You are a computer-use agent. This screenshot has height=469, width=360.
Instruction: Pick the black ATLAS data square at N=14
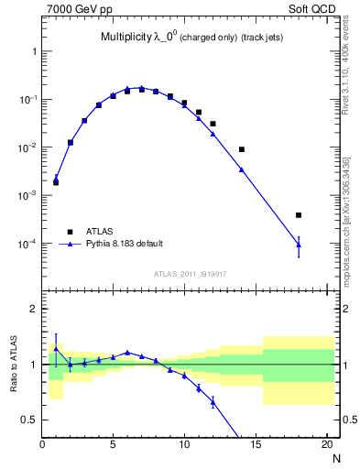(242, 149)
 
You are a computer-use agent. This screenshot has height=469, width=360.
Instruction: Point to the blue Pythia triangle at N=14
(242, 169)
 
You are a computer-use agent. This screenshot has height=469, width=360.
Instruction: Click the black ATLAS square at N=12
(213, 124)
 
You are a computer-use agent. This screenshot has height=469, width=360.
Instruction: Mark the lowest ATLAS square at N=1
(56, 182)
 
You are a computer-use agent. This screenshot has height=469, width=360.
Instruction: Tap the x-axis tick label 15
(256, 446)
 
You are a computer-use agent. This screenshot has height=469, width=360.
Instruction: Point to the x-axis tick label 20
(326, 446)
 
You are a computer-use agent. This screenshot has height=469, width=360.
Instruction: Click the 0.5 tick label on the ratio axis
(29, 420)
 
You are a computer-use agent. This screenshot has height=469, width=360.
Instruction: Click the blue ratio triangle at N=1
(56, 348)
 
